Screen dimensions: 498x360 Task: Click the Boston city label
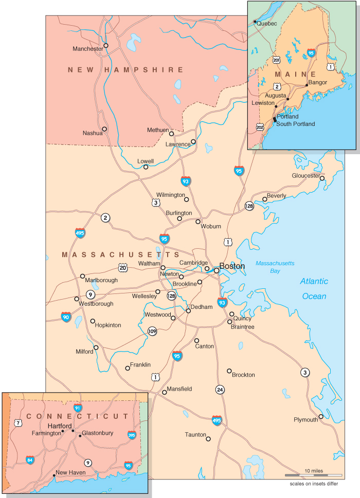(x=232, y=266)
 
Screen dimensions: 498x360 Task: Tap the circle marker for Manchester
(x=106, y=45)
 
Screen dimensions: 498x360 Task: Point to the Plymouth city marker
(x=321, y=417)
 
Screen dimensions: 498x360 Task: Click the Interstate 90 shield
(x=66, y=317)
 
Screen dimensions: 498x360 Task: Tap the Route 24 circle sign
(x=220, y=390)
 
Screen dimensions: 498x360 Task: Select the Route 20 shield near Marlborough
(x=122, y=267)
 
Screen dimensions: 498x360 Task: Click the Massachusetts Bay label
(x=275, y=266)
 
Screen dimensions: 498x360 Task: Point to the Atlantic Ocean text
(x=314, y=289)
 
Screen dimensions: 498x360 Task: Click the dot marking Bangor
(x=307, y=85)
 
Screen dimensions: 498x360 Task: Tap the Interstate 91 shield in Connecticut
(x=78, y=408)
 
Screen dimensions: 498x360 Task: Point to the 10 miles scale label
(x=314, y=471)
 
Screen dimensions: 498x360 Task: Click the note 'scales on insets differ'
(x=314, y=484)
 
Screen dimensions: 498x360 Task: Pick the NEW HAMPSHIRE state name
(x=125, y=69)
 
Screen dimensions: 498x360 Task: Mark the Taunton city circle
(x=208, y=439)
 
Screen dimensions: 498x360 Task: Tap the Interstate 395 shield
(x=132, y=435)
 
